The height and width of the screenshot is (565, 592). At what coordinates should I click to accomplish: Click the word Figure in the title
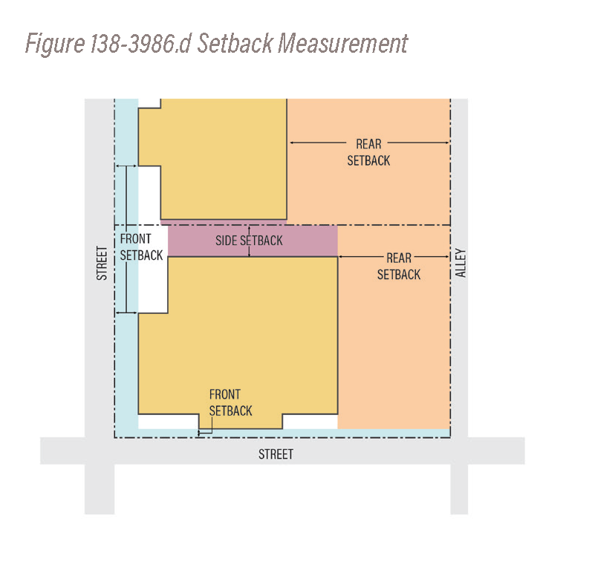55,44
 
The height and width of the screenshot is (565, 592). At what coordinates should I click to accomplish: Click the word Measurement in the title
343,43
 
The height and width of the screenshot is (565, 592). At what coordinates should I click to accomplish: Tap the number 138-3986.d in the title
141,43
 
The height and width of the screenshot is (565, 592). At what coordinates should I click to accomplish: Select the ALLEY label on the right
461,263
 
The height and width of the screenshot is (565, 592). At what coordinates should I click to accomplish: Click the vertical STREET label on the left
102,263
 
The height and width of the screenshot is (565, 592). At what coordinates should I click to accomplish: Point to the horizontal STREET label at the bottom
276,454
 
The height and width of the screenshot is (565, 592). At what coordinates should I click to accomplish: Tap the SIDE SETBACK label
249,241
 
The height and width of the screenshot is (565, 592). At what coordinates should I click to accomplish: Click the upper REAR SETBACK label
368,152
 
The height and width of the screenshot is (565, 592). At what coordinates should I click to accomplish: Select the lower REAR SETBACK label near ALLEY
399,267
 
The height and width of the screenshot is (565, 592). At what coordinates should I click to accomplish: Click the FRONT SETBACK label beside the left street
141,247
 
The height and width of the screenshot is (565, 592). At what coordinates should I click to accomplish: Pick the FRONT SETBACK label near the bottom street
230,402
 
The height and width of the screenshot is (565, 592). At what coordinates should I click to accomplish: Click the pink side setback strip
253,241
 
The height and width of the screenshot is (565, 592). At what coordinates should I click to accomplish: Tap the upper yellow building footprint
224,159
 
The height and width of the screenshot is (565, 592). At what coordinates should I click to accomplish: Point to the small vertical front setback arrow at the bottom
199,433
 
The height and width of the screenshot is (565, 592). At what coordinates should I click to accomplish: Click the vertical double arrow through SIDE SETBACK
249,241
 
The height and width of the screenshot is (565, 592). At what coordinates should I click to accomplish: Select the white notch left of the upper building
149,192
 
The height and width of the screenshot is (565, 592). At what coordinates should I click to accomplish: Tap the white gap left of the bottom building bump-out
169,422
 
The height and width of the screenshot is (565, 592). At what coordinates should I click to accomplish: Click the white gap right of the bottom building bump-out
310,422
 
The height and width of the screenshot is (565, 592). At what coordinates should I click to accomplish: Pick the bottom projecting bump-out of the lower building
241,422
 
